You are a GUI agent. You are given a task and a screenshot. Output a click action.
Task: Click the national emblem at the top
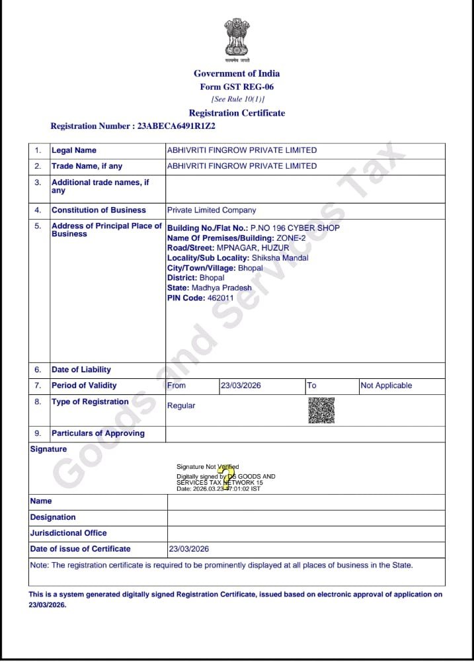pos(237,38)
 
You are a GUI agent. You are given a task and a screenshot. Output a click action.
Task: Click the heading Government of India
pos(237,73)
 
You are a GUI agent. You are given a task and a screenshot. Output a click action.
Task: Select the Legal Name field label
pos(74,151)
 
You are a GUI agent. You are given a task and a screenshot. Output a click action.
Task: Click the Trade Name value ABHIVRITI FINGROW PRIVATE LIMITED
pos(241,167)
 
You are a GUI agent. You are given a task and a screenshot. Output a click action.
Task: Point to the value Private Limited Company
pos(212,210)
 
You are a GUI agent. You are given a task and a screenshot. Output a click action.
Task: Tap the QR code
pos(321,410)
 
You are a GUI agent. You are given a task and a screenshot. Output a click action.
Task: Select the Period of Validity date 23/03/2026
pos(241,386)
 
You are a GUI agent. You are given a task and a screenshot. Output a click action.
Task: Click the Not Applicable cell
pos(386,386)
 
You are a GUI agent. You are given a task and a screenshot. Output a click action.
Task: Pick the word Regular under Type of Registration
pos(181,405)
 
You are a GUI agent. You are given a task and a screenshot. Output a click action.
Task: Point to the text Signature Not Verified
pos(208,467)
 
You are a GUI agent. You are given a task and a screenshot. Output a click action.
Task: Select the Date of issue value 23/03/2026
pos(189,549)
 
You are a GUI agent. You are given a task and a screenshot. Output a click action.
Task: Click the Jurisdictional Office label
pos(69,533)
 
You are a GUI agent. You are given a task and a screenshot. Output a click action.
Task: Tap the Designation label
pos(53,517)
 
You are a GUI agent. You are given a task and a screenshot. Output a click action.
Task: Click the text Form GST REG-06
pos(237,87)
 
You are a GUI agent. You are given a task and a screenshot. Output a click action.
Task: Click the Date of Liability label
pos(81,370)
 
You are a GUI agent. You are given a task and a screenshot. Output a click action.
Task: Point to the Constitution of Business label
pos(99,210)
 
